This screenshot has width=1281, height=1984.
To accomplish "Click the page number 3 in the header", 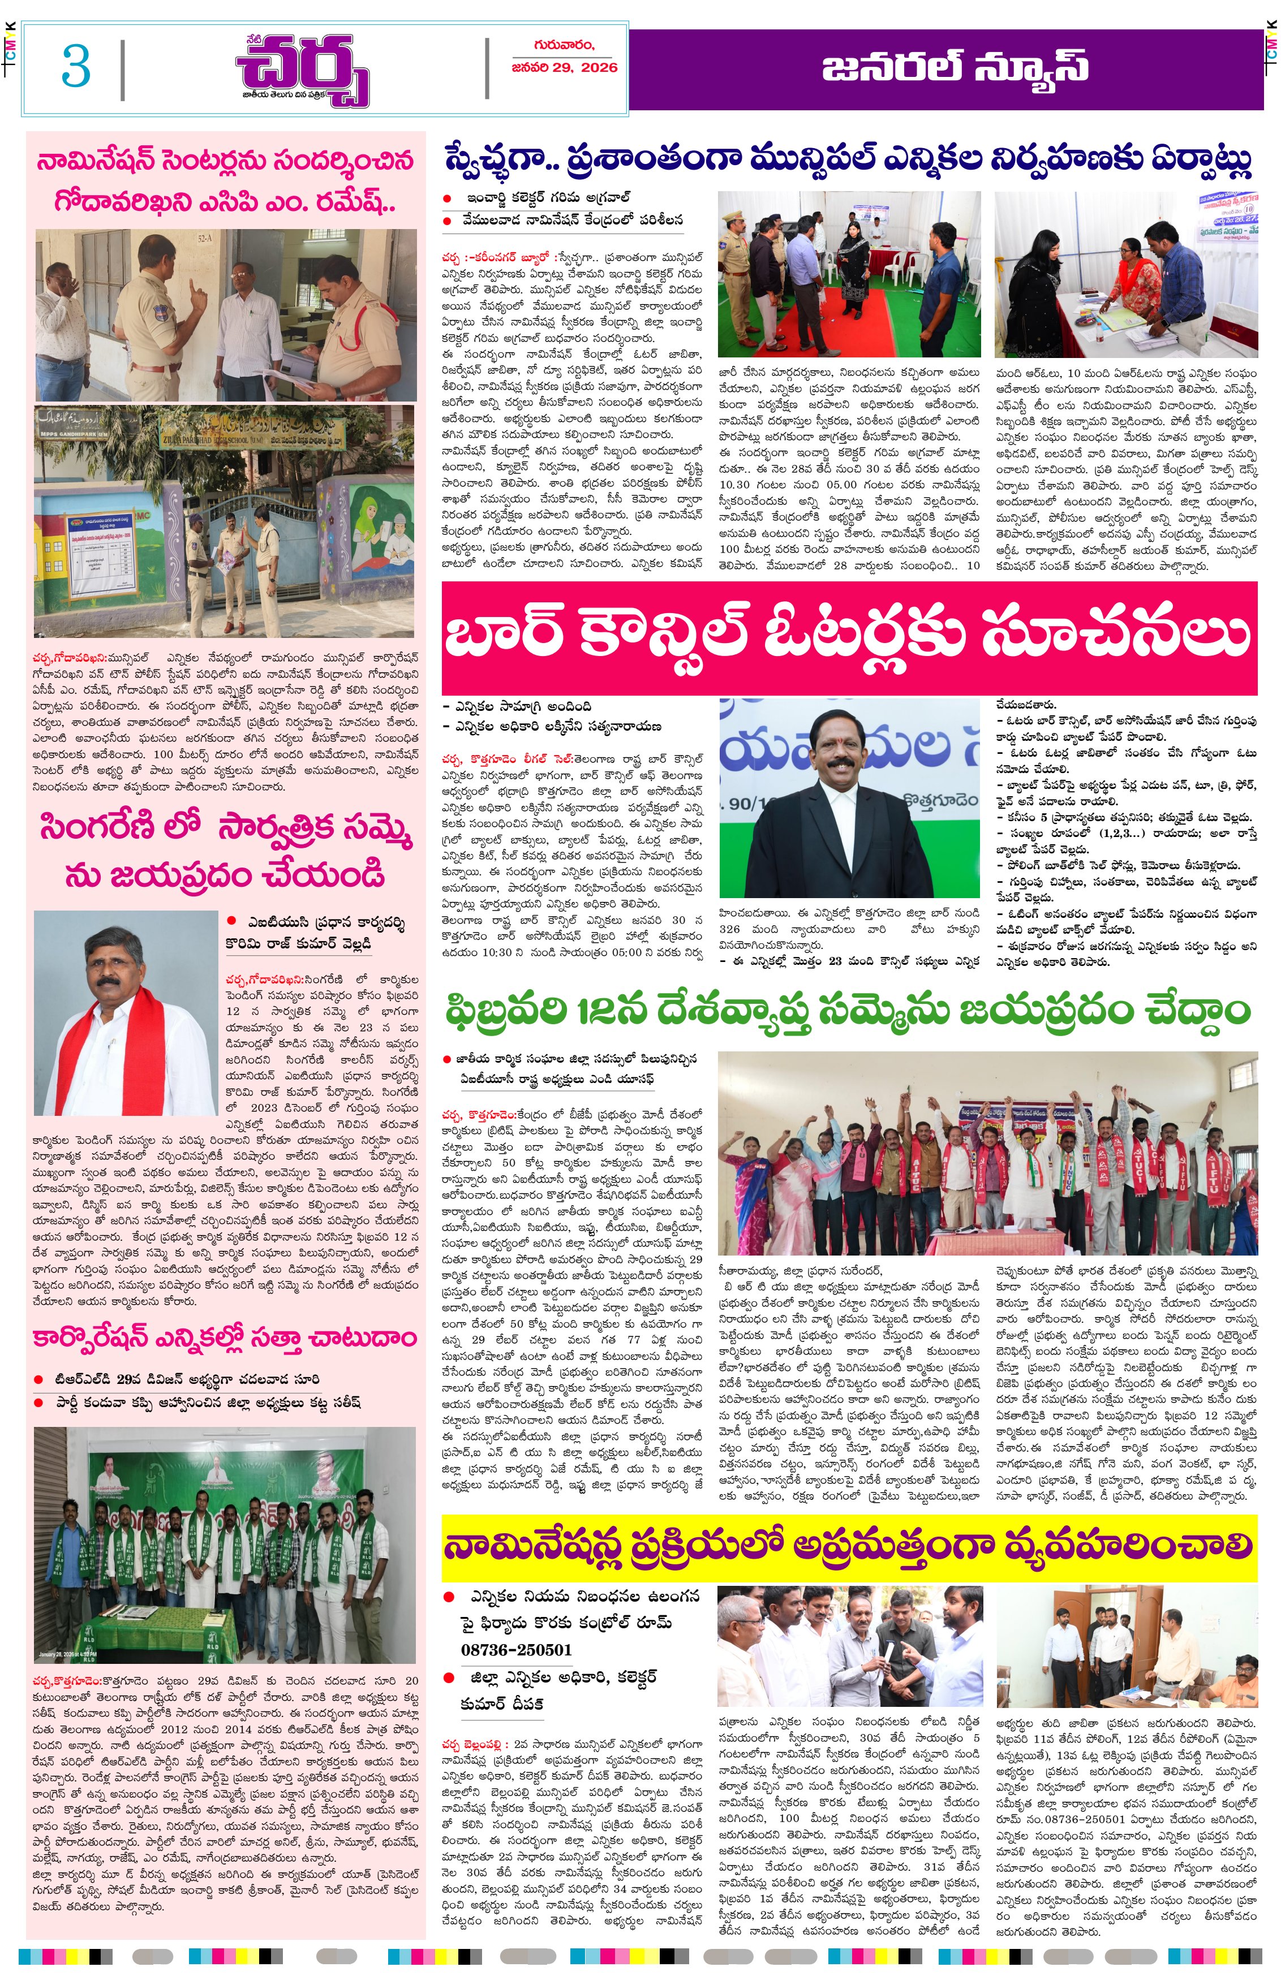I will [x=76, y=67].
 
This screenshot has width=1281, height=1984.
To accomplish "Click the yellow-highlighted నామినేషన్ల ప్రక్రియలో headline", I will [x=849, y=1547].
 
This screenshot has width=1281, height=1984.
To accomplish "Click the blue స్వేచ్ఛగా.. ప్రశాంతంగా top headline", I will [x=849, y=159].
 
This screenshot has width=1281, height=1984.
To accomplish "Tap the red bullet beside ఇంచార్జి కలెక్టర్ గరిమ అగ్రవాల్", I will [x=448, y=199].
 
